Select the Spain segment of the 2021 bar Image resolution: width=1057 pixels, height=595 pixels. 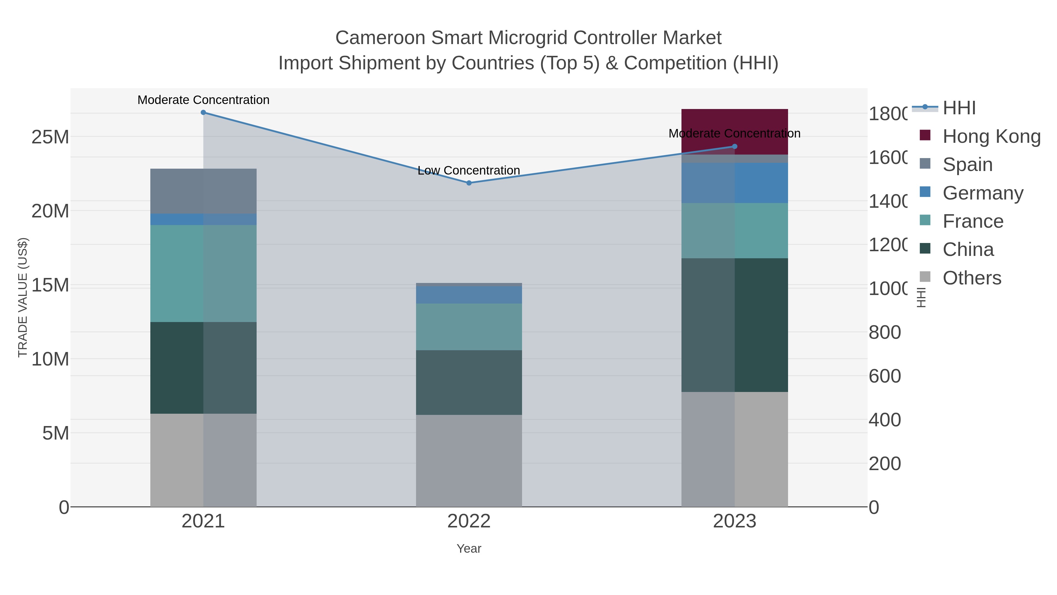tap(203, 191)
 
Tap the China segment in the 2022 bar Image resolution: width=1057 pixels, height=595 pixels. tap(469, 382)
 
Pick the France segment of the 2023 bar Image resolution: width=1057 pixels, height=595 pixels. tap(735, 230)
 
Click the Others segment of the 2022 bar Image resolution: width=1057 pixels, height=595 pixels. tap(469, 460)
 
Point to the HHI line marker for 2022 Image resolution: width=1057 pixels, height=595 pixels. tap(469, 183)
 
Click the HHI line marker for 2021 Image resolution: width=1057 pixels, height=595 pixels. tap(203, 113)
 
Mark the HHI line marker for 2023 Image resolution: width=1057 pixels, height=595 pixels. tap(735, 146)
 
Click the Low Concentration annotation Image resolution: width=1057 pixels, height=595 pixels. tap(469, 170)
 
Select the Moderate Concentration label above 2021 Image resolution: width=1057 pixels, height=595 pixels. tap(203, 100)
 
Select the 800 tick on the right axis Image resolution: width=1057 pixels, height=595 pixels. tap(885, 332)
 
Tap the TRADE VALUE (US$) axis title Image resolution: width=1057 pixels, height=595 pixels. tap(23, 297)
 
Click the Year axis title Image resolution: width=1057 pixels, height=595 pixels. tap(469, 549)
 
